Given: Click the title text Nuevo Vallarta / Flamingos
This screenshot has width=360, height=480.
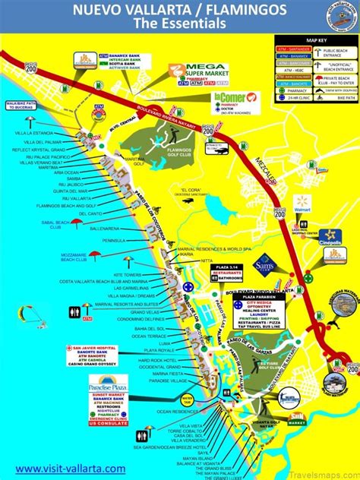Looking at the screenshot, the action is (179, 10).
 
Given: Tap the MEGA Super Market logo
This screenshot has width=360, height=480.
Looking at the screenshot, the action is (199, 72).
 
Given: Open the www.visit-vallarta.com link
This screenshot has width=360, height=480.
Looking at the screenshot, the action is (71, 469).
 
